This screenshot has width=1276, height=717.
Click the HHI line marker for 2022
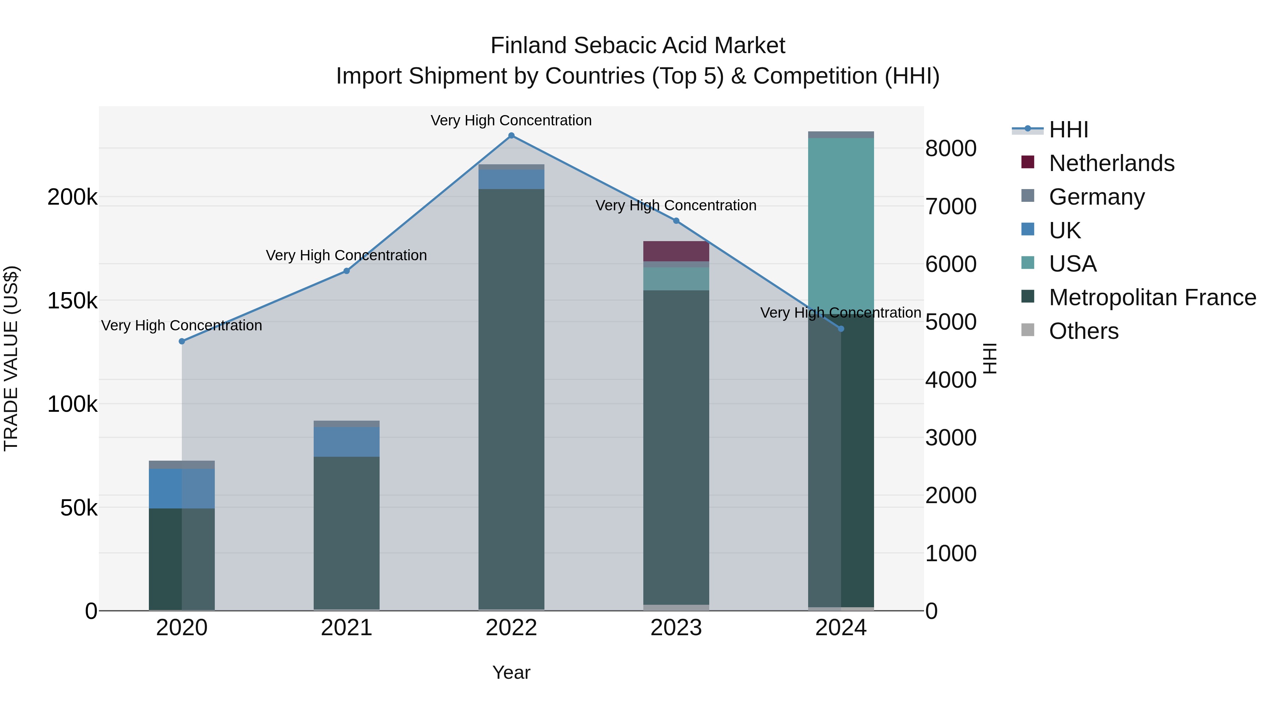[x=511, y=136]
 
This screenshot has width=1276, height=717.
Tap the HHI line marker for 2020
[x=182, y=341]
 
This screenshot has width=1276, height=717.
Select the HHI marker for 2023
[x=676, y=221]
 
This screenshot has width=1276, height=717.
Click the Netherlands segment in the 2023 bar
[x=676, y=251]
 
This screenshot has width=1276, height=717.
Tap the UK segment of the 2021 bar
[x=347, y=442]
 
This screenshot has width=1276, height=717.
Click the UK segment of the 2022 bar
[x=511, y=179]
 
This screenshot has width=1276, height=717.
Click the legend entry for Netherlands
[x=1111, y=163]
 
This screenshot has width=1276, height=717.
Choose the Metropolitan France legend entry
[x=1152, y=297]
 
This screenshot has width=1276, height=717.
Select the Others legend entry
[x=1083, y=331]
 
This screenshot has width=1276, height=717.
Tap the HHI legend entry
[x=1068, y=130]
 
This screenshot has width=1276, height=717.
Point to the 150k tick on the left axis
[x=72, y=300]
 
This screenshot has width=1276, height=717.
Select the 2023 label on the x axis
[x=676, y=628]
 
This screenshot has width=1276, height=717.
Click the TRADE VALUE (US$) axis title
[x=11, y=358]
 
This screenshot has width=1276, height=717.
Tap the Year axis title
[x=511, y=672]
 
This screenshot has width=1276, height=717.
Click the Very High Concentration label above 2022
[x=511, y=121]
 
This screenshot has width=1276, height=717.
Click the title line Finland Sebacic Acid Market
[x=638, y=46]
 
